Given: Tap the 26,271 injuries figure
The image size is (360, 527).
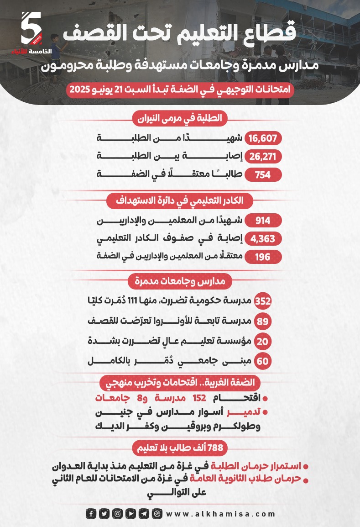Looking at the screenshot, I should coord(264,157).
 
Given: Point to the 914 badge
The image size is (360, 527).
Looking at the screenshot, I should coord(263,221).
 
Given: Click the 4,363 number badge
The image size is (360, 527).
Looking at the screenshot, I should coord(263,239).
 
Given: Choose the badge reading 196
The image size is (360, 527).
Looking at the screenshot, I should coord(263,257).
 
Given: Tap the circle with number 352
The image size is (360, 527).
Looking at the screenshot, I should coord(263,301).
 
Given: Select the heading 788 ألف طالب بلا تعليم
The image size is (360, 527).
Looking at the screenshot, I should coord(180,448).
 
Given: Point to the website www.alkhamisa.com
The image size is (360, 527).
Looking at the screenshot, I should coord(221,514).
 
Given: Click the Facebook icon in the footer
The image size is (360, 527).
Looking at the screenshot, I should coord(91,514).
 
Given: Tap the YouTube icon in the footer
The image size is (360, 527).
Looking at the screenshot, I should coord(130,514).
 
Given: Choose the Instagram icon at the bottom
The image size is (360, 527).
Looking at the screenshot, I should coord(117,514).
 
